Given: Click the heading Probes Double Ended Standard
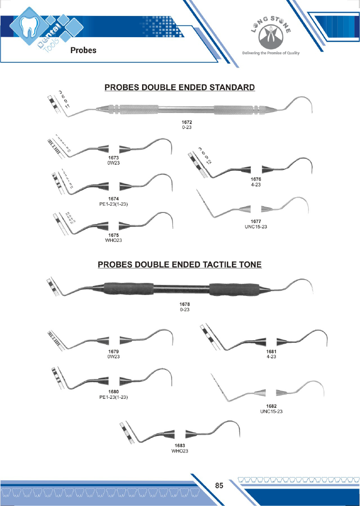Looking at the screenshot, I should point(180,87).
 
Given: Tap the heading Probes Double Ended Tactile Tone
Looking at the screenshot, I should point(180,265).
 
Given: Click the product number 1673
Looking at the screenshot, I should point(113,157).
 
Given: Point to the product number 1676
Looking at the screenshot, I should point(256,180).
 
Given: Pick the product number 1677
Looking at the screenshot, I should point(256,221).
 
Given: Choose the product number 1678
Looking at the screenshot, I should point(185,304).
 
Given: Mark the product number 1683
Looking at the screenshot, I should point(179,446).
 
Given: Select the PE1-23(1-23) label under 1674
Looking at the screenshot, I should point(113,204).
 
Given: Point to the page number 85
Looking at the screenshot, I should point(219,486).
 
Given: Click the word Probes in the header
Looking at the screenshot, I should point(83,50).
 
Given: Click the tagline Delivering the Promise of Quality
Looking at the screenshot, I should point(271,53).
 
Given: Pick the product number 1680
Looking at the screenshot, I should point(113,392).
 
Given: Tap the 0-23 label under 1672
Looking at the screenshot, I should point(185,127).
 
